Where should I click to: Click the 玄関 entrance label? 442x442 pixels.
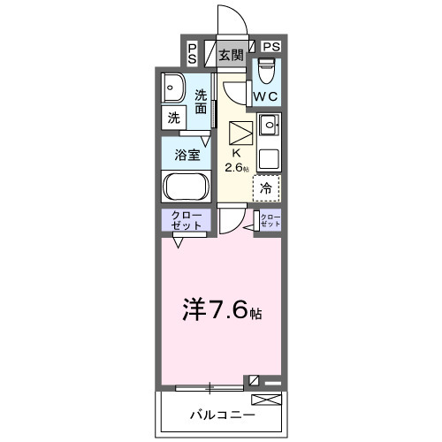coord(230,55)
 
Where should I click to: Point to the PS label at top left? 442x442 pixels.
coord(192,53)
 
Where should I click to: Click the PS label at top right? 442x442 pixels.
coord(271,47)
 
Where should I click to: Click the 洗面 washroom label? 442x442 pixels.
coord(202,102)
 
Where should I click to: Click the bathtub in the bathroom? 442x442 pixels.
coord(184,187)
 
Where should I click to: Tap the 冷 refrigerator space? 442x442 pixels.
coord(266,187)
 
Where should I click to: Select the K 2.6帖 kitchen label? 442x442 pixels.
coord(236,160)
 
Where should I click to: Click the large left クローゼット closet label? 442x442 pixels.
coord(186,221)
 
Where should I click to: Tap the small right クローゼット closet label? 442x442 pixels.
coord(270,221)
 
